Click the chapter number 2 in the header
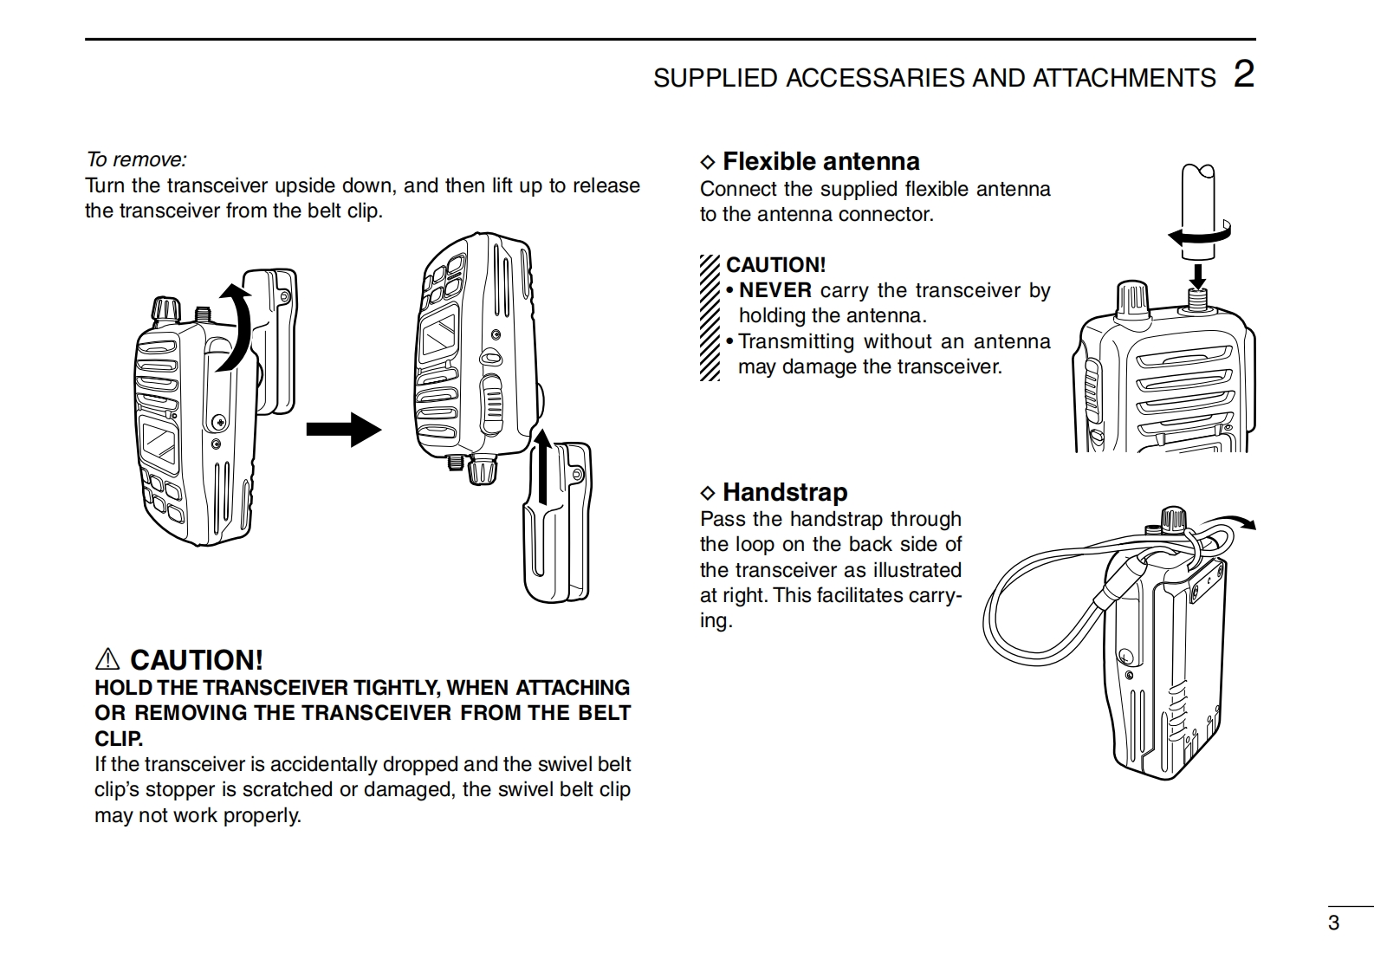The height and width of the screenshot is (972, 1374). [1244, 75]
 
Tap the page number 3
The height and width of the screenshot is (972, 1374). [1333, 923]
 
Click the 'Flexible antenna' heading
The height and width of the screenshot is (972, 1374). [820, 161]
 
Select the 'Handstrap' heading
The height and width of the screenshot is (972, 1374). [784, 492]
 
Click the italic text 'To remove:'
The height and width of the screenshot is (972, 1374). [136, 159]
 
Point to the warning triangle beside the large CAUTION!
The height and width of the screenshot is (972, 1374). [107, 660]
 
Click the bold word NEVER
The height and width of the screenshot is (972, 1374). [774, 290]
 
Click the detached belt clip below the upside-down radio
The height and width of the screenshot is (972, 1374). [558, 524]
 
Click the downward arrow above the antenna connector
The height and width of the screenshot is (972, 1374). [1197, 275]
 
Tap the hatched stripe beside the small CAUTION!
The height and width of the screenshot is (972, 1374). [710, 318]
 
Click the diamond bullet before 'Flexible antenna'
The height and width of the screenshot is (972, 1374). [708, 162]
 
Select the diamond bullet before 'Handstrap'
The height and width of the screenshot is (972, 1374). [708, 493]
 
